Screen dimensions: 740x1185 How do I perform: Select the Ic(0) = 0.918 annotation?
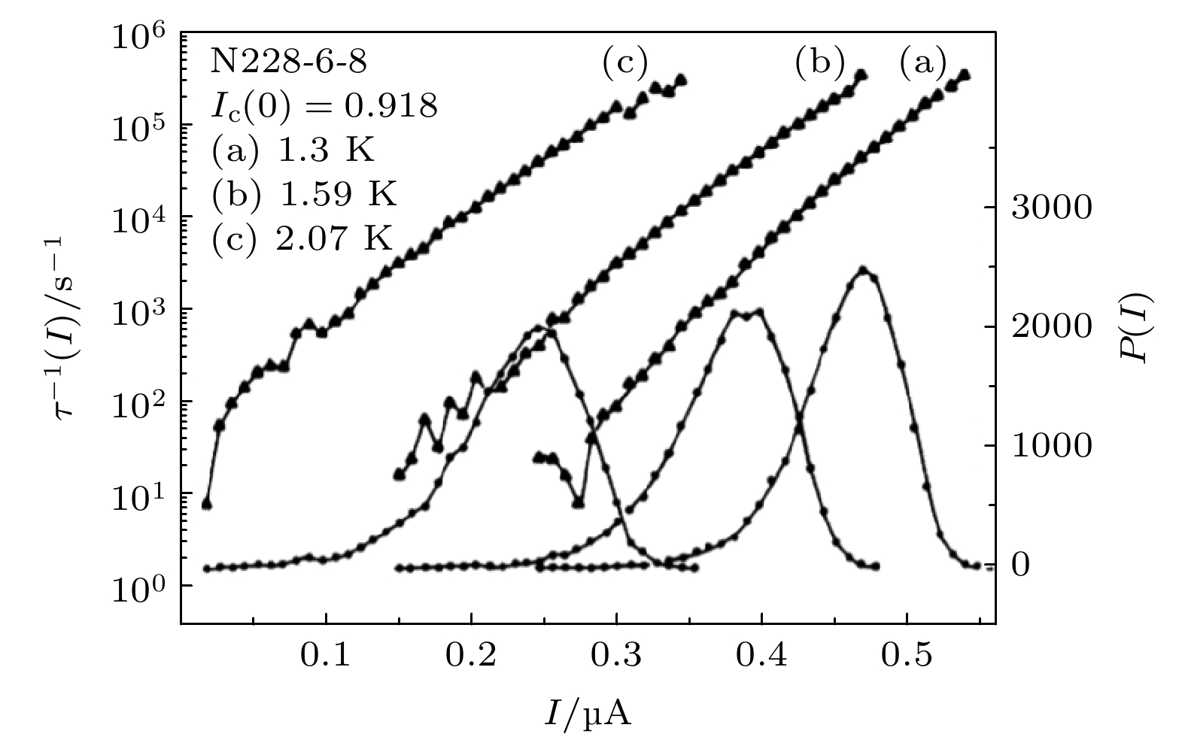pyautogui.click(x=324, y=107)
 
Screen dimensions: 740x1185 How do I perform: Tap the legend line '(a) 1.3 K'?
pyautogui.click(x=293, y=151)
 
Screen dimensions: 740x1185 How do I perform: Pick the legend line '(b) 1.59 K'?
pyautogui.click(x=304, y=195)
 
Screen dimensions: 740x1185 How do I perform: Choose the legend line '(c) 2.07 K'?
pyautogui.click(x=302, y=239)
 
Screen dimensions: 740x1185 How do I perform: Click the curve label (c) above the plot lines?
pyautogui.click(x=624, y=63)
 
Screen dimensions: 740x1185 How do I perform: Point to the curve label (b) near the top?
pyautogui.click(x=819, y=63)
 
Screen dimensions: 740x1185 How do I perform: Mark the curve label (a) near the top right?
pyautogui.click(x=923, y=63)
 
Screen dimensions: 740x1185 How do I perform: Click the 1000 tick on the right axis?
pyautogui.click(x=1050, y=446)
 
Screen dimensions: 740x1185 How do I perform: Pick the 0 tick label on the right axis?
pyautogui.click(x=1021, y=566)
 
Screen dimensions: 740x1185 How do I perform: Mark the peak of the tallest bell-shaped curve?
pyautogui.click(x=863, y=269)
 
